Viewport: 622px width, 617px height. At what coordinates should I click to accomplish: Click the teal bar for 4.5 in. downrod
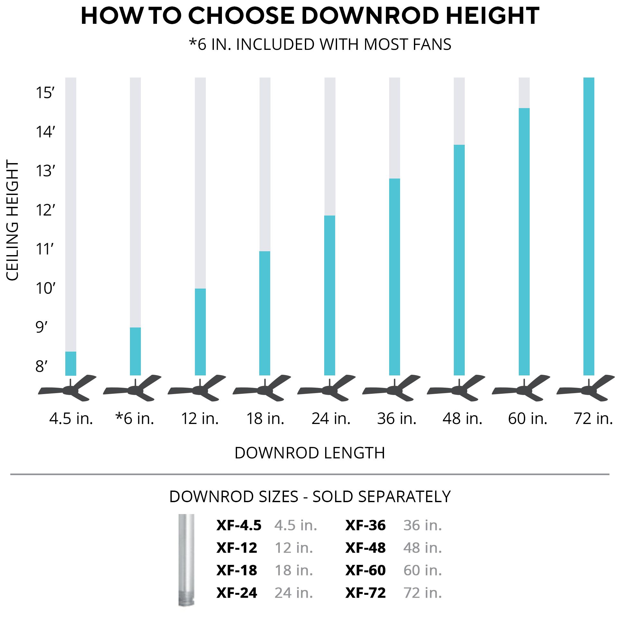tap(71, 364)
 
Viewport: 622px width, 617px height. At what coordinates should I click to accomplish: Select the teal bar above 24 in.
tap(330, 295)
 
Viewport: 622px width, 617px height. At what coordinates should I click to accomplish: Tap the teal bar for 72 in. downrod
tap(589, 226)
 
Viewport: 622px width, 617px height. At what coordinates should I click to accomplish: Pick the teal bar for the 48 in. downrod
tap(459, 260)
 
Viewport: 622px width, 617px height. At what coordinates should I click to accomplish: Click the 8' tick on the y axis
tap(41, 366)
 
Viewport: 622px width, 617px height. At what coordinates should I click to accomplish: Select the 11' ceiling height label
tap(44, 249)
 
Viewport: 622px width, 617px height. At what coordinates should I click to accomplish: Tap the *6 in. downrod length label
tap(135, 419)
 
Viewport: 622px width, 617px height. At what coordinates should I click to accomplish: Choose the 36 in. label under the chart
tap(397, 419)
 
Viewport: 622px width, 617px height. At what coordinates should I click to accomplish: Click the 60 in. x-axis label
tap(528, 419)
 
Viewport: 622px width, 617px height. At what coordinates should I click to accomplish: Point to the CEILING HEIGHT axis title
tap(13, 221)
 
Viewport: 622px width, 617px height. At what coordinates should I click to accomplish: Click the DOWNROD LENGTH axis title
tap(310, 453)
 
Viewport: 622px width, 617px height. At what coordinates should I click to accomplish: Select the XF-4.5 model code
tap(239, 525)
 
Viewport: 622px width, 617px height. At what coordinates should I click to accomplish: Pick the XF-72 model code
tap(365, 593)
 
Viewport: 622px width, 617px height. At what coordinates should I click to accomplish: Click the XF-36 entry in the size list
tap(365, 525)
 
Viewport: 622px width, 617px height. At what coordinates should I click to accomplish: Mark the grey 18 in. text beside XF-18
tap(294, 570)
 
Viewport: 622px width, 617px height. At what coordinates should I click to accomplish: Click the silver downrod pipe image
tap(187, 560)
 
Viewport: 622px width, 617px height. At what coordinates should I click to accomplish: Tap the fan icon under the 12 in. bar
tap(197, 389)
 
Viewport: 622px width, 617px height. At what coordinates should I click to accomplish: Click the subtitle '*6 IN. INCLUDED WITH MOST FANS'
tap(320, 44)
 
